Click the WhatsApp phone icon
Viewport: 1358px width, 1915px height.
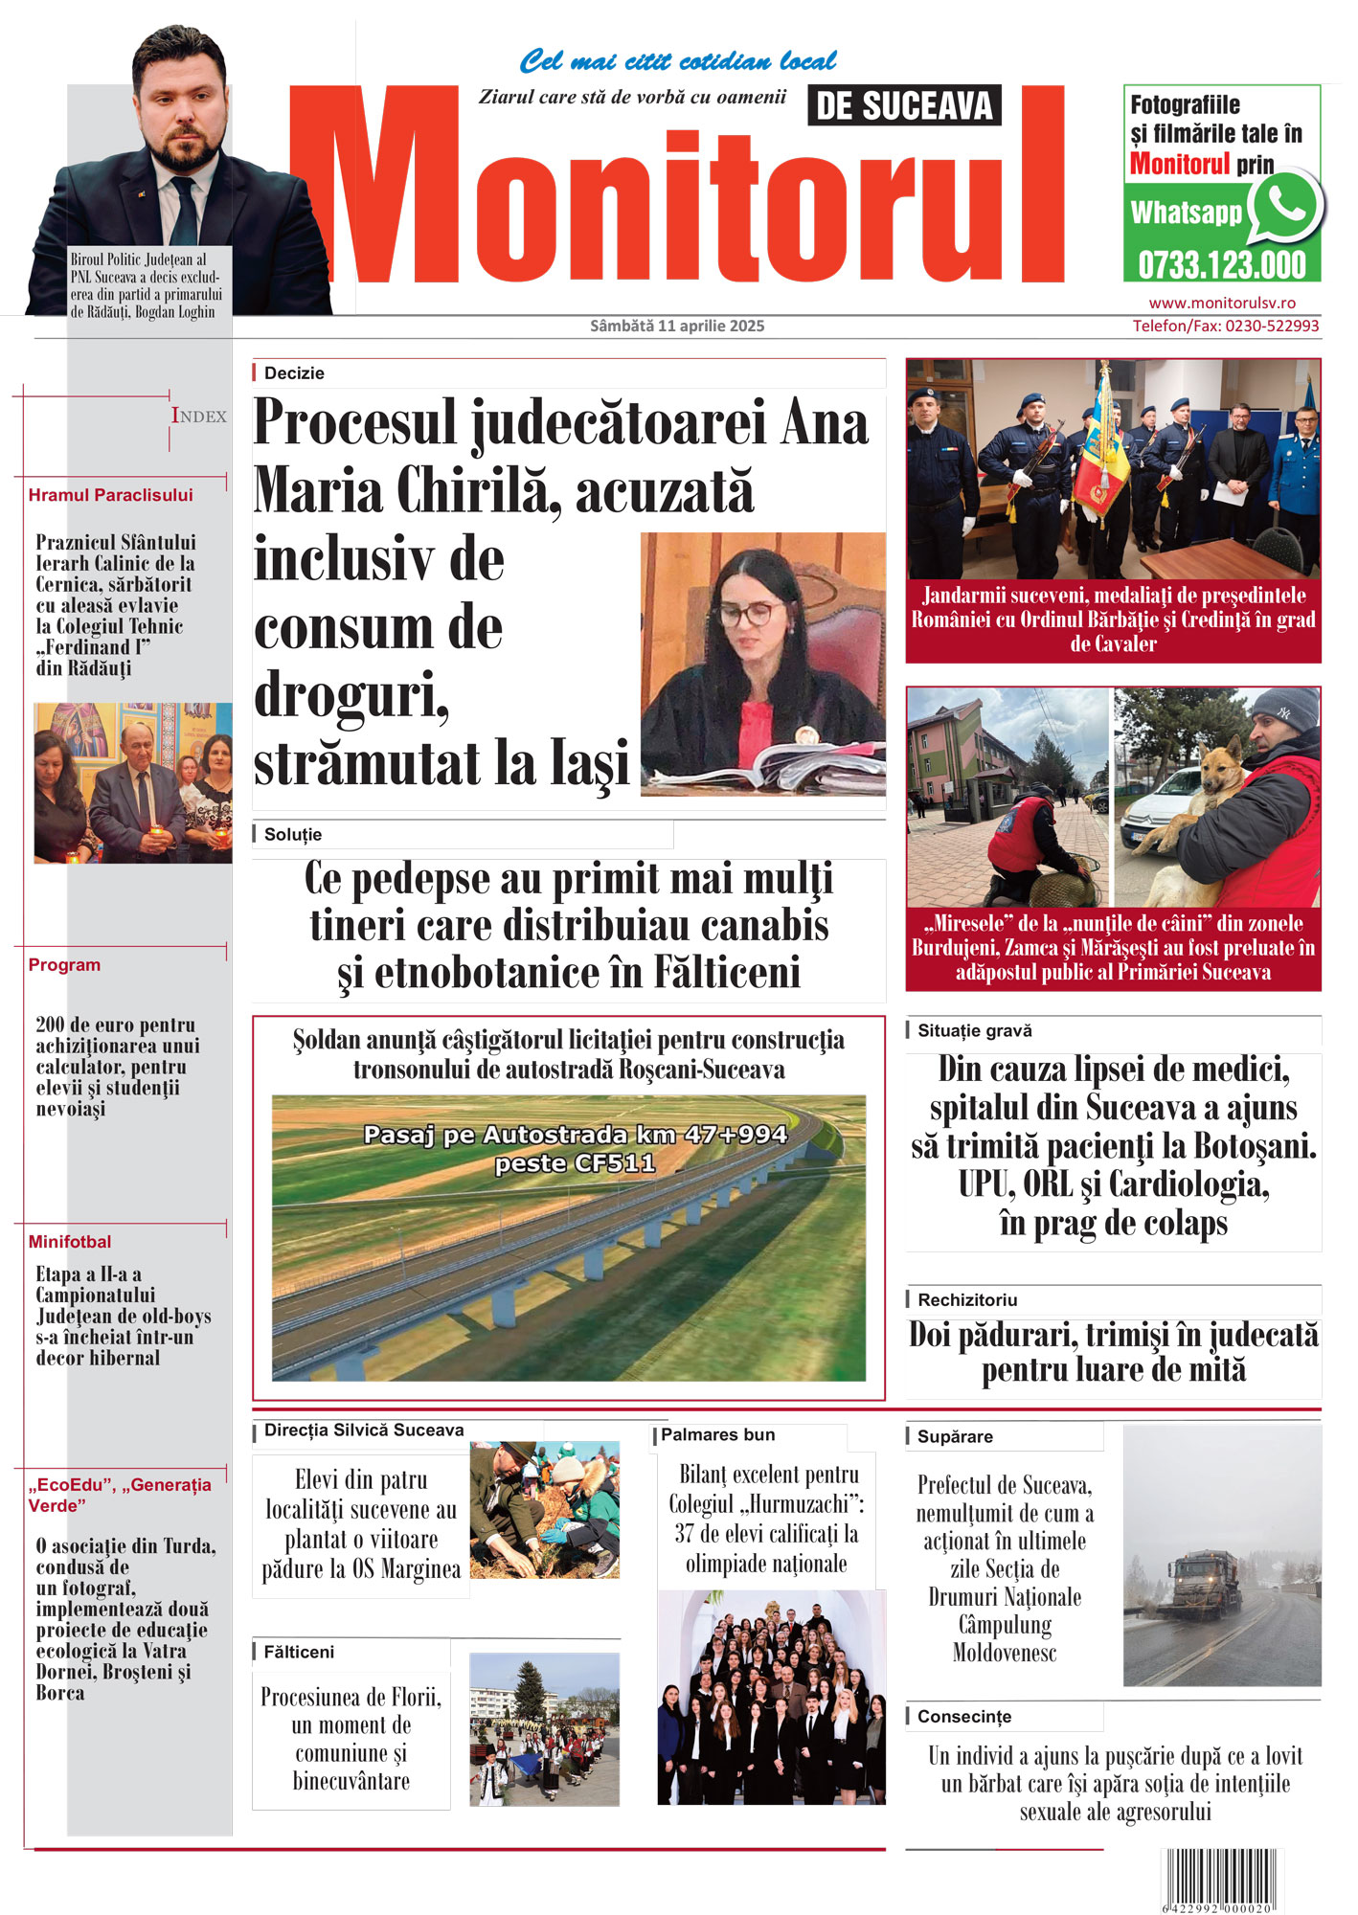pos(1285,204)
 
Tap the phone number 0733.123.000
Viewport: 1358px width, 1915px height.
pos(1221,265)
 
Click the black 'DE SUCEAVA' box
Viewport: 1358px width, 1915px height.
pos(904,105)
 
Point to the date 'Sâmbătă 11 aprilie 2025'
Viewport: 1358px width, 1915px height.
pos(677,327)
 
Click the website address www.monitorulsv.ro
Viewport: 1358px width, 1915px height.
pos(1222,303)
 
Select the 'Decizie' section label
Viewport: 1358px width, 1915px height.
pos(294,373)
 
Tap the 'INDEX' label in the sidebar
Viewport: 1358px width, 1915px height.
pos(199,416)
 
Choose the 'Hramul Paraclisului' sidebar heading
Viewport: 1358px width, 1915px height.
pos(110,495)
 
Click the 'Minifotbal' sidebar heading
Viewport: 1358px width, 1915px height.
pos(70,1242)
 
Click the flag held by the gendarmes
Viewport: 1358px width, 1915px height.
pos(1101,450)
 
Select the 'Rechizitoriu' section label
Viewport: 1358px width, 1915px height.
pos(967,1300)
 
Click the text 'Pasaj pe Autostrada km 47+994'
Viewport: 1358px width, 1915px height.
pos(575,1136)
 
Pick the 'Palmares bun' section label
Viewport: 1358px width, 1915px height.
pos(717,1434)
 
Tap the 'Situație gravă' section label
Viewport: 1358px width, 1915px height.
pos(975,1031)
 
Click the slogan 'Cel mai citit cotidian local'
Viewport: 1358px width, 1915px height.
pos(677,62)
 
